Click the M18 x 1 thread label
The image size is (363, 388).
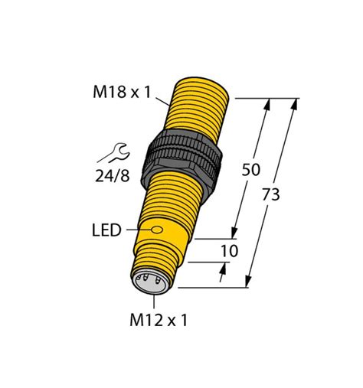122,93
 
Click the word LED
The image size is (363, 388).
106,230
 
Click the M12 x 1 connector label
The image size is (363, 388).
156,321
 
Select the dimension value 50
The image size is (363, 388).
250,170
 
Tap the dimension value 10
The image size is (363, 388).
229,251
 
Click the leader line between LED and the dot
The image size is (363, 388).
138,230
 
